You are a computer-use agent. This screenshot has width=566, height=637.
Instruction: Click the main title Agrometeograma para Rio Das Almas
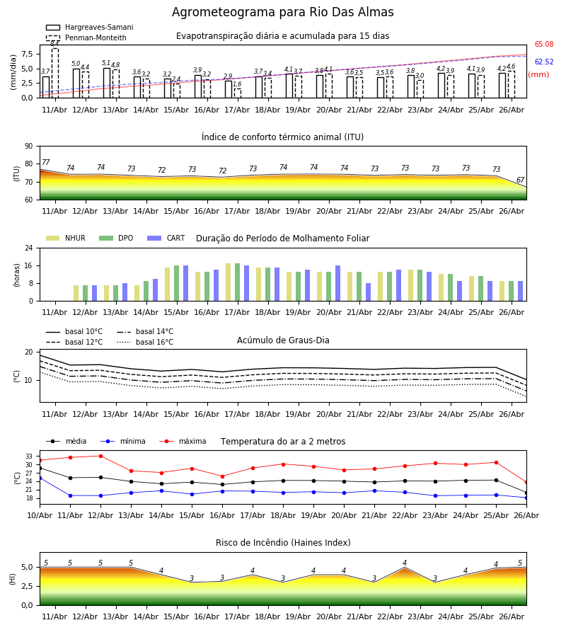(x=282, y=12)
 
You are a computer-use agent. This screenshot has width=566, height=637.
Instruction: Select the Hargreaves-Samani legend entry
(x=90, y=27)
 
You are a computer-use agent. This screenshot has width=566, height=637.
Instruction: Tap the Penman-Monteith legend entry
(x=86, y=38)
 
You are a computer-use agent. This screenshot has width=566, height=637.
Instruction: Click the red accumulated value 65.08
(x=544, y=45)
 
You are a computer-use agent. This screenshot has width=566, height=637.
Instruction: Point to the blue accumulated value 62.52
(x=544, y=62)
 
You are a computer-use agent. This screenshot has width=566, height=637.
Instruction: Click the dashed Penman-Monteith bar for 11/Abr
(x=54, y=73)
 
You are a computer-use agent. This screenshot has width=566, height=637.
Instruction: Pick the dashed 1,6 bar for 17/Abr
(x=238, y=93)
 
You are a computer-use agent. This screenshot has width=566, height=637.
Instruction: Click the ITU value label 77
(x=45, y=162)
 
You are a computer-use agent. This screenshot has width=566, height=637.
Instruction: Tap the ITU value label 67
(x=521, y=180)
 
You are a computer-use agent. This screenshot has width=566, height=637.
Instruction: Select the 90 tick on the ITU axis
(x=29, y=147)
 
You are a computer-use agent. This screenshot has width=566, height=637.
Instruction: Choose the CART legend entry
(x=166, y=238)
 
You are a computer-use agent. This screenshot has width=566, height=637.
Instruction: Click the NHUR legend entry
(x=66, y=238)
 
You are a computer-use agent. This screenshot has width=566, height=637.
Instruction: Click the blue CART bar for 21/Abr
(x=369, y=292)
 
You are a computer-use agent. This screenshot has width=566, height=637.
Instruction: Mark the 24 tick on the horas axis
(x=29, y=248)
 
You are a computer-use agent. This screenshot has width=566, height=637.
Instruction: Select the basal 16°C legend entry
(x=145, y=342)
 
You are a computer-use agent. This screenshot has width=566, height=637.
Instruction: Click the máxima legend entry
(x=183, y=441)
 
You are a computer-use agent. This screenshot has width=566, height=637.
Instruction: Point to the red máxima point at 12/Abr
(x=100, y=456)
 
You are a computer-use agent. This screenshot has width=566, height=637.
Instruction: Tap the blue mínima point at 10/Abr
(x=40, y=478)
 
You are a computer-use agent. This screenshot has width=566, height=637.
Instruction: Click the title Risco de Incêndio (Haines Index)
(x=283, y=543)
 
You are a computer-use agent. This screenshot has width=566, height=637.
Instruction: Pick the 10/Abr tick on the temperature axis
(x=40, y=515)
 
